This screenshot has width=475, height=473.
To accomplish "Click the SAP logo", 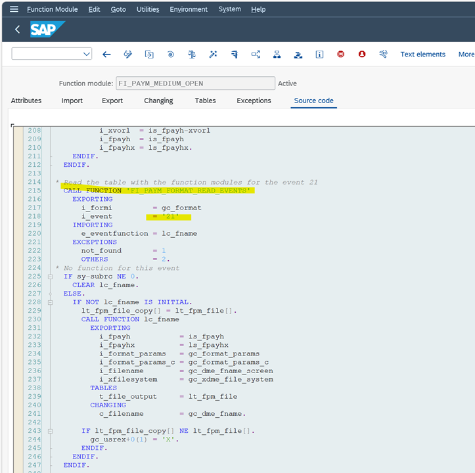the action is click(47, 29).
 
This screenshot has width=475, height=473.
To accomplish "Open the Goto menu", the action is click(118, 9).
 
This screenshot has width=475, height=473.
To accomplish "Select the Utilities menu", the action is click(148, 9).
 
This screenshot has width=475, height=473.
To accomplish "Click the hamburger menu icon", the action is click(14, 9).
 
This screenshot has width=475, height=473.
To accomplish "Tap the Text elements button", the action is click(422, 55).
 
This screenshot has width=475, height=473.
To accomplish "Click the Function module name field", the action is click(195, 83).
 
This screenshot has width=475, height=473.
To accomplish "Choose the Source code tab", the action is click(313, 101).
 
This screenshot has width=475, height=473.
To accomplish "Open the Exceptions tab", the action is click(254, 101).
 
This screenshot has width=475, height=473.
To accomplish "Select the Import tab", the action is click(72, 101).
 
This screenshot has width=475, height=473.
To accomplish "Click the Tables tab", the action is click(205, 101).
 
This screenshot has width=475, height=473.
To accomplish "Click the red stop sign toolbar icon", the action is click(340, 55).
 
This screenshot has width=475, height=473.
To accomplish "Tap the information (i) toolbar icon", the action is click(319, 55).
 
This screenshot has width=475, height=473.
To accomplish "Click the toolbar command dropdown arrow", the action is click(86, 55).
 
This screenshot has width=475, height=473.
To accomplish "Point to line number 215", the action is click(34, 191).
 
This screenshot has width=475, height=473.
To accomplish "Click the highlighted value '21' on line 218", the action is click(170, 216).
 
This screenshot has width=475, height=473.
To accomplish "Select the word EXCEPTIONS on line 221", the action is click(95, 242).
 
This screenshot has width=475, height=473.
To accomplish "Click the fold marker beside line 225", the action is click(51, 277).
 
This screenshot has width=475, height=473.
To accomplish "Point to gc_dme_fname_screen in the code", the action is click(231, 371).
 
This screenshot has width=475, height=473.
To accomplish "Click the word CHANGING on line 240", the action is click(108, 405).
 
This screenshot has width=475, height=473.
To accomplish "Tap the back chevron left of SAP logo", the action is click(17, 30).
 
